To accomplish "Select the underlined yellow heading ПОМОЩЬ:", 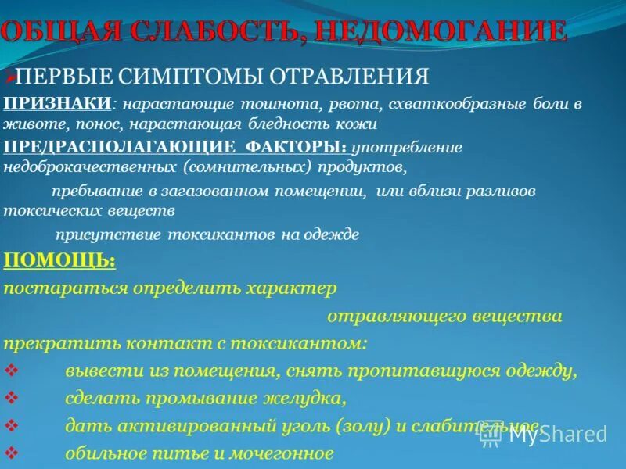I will [x=59, y=260].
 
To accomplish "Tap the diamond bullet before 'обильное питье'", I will [x=10, y=453].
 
